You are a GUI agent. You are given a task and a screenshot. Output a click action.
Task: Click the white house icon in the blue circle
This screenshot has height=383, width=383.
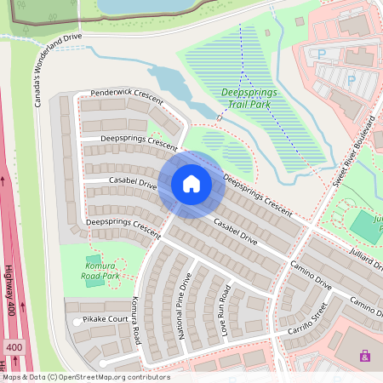[191, 184]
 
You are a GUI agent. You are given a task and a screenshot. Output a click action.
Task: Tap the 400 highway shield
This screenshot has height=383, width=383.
[14, 347]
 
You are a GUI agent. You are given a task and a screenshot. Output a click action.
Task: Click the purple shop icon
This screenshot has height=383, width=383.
[365, 356]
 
